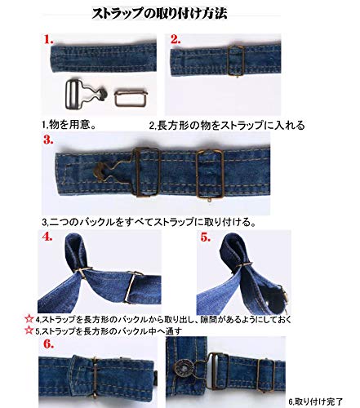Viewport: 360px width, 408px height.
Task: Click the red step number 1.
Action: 48,39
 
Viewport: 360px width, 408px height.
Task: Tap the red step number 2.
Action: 176,39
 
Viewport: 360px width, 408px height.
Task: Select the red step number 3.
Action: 48,140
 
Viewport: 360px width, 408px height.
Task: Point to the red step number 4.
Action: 47,237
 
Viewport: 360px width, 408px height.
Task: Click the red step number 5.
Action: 206,237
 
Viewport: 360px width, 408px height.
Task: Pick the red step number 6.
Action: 48,344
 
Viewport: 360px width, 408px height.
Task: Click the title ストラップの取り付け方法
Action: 159,13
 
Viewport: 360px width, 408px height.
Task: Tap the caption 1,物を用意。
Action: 69,125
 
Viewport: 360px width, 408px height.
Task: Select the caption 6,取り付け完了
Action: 315,401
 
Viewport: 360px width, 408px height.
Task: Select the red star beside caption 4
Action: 29,318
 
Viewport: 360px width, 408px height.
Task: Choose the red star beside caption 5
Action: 29,330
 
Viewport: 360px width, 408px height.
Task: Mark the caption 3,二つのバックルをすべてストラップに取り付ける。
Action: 149,222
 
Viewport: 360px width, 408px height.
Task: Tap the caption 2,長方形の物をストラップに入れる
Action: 227,126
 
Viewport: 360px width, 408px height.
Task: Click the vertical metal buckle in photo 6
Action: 95,377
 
